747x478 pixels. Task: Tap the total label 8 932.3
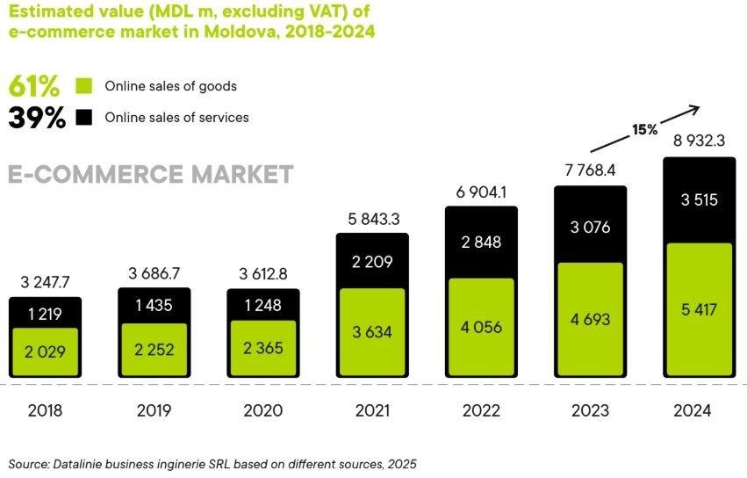point(699,141)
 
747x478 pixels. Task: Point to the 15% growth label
point(644,129)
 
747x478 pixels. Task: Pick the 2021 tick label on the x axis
point(372,410)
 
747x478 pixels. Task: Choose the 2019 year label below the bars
point(154,410)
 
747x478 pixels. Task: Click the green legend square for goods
point(84,86)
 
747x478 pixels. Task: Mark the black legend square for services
point(84,117)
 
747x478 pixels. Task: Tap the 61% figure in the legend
point(34,86)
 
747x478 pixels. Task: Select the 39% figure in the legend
point(37,118)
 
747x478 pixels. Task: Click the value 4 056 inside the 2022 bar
point(481,327)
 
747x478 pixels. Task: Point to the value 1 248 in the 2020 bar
point(263,305)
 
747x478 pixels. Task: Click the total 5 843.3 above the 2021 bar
point(372,219)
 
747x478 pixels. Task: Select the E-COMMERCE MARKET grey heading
point(150,174)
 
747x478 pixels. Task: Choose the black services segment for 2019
point(154,304)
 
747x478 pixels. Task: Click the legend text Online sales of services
point(176,117)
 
